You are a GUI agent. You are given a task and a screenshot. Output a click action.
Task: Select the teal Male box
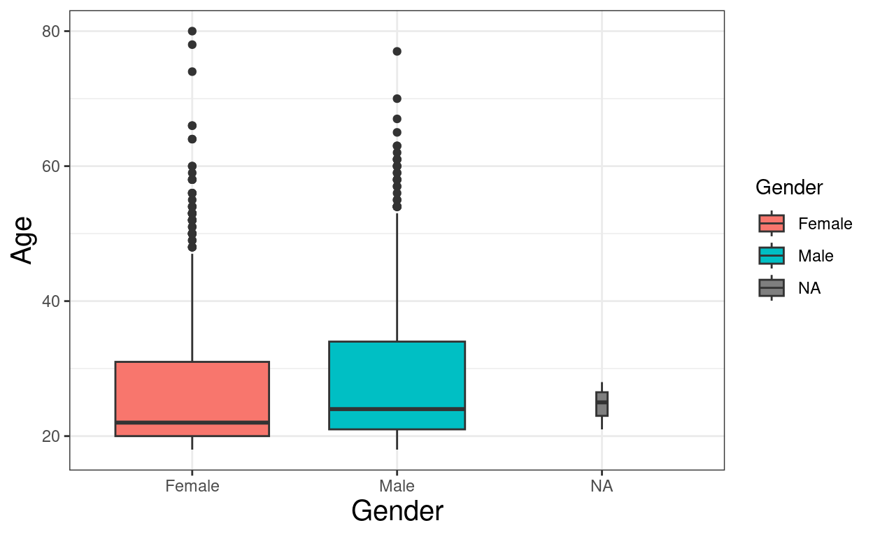coord(397,378)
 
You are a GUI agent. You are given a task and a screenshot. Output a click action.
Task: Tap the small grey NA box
coord(602,404)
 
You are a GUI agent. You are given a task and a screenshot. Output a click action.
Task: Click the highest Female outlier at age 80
coord(192,31)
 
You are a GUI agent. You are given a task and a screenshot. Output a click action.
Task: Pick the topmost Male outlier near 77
coord(397,51)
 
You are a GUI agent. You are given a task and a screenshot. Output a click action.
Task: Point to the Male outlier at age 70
coord(397,99)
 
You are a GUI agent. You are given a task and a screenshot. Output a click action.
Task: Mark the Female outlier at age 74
coord(192,71)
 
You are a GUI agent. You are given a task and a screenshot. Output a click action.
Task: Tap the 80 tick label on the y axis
coord(51,31)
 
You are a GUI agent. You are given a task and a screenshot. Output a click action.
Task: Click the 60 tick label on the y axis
coord(51,166)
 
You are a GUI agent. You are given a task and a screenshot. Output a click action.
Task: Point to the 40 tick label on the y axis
coord(51,301)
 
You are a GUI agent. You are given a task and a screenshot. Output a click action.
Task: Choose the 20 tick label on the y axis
coord(51,436)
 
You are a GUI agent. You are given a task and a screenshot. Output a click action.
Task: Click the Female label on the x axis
coord(192,486)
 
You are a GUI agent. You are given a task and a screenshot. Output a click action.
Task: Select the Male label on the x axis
coord(397,486)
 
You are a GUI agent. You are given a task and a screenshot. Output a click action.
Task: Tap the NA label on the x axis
coord(602,486)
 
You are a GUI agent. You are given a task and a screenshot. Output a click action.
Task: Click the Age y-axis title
coord(23,240)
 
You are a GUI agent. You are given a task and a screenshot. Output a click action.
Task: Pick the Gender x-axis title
coord(397,511)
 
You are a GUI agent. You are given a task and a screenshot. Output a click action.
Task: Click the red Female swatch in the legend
coord(772,224)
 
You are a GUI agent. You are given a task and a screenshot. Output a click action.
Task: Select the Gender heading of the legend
coord(789,187)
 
